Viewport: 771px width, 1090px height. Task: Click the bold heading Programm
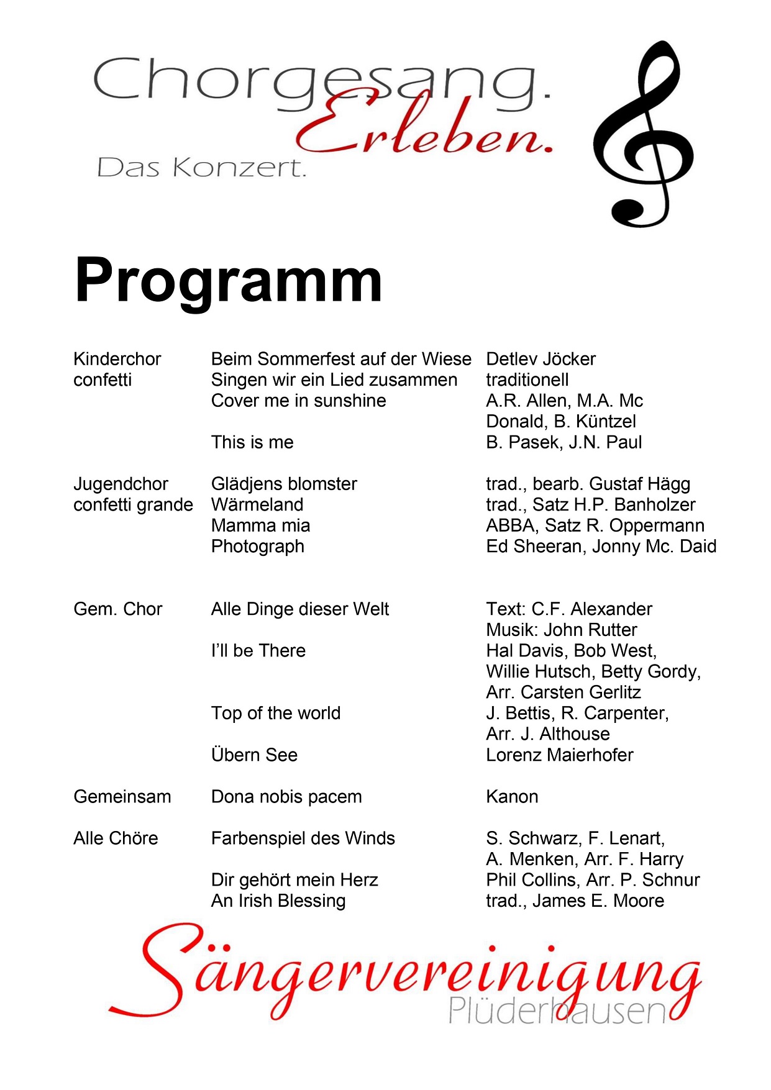click(x=228, y=281)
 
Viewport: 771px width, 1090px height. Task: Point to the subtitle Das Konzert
click(x=202, y=168)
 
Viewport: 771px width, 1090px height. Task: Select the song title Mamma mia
click(x=260, y=526)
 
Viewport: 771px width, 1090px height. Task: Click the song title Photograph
click(x=258, y=547)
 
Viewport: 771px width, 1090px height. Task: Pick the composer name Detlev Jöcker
click(x=541, y=359)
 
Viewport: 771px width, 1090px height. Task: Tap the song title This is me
click(x=252, y=442)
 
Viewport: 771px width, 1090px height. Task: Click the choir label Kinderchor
click(x=117, y=359)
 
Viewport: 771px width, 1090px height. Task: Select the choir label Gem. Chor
click(x=117, y=609)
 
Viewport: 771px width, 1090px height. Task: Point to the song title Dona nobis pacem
click(x=286, y=797)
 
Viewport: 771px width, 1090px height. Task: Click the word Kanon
click(x=512, y=797)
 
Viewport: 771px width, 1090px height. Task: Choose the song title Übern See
click(x=254, y=755)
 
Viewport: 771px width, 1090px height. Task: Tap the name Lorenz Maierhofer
click(x=559, y=755)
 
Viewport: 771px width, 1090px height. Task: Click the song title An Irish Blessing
click(x=278, y=901)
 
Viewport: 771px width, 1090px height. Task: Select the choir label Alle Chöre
click(x=116, y=838)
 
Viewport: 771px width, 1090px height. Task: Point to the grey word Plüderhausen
click(x=556, y=1011)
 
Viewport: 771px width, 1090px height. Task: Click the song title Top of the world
click(x=276, y=713)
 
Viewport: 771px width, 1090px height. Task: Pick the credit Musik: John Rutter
click(x=562, y=630)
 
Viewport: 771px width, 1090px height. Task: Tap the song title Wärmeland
click(x=257, y=505)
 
